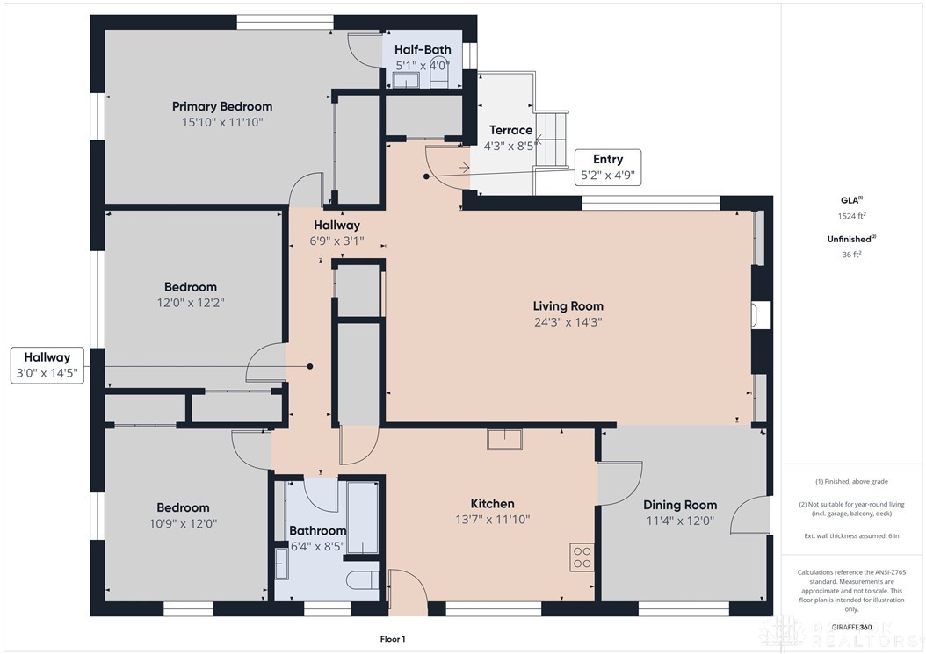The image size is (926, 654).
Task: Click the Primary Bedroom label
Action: [221, 106]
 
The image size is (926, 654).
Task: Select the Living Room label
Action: [568, 306]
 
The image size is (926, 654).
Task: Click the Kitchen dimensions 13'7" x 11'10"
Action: [492, 519]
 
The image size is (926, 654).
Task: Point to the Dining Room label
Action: [679, 505]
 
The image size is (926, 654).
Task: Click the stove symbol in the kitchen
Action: [582, 557]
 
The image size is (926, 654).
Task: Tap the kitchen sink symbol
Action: [504, 439]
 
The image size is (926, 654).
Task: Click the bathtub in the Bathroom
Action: [361, 517]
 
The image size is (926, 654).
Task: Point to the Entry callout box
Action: [607, 167]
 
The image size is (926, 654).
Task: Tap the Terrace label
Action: [510, 131]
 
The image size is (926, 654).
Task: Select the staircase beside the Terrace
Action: [552, 140]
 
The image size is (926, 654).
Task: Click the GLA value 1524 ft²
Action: [850, 215]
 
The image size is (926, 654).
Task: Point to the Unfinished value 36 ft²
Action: [850, 255]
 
